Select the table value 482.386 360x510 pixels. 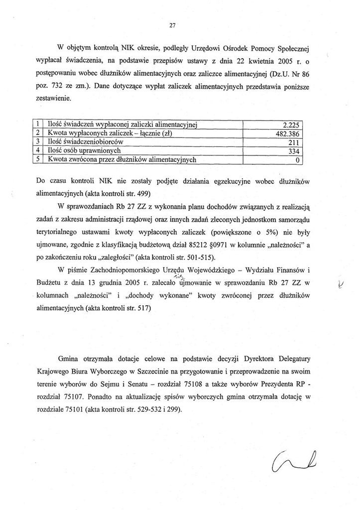[289, 134]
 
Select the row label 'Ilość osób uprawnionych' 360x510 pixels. [85, 151]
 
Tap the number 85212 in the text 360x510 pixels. [205, 245]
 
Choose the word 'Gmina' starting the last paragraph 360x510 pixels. [70, 360]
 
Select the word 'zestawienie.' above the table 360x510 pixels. [55, 99]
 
